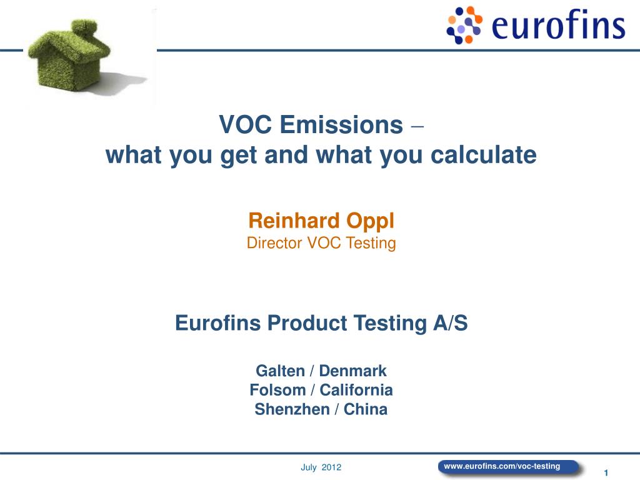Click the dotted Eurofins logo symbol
[464, 25]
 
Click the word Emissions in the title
[341, 126]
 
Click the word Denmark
[353, 371]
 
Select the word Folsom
[277, 390]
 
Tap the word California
[356, 390]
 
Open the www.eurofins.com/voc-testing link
[502, 466]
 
